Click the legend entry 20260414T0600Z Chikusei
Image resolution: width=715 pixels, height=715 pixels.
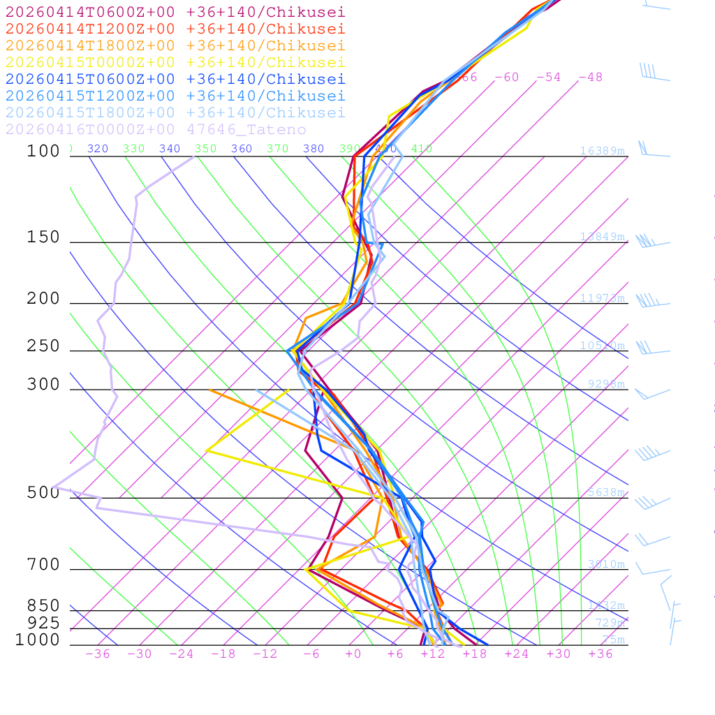(175, 13)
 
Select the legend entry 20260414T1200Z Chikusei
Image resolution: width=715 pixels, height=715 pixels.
(175, 29)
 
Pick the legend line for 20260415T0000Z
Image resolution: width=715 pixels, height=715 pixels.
(175, 63)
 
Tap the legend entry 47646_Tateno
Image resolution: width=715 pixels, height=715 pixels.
(156, 130)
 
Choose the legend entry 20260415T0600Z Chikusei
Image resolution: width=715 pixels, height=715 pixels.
(175, 80)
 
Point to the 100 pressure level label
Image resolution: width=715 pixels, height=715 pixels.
(43, 152)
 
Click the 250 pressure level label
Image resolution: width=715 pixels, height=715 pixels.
(43, 347)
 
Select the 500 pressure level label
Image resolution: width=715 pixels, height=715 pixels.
(43, 494)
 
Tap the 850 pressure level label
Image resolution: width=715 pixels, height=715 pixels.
(43, 606)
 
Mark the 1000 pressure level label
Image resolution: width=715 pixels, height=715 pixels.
(38, 640)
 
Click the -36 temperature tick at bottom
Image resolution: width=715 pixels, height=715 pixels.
(98, 654)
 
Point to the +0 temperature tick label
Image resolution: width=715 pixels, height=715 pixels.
(353, 654)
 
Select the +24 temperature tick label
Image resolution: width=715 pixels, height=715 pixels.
(517, 654)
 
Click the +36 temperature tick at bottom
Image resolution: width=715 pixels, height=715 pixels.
(600, 654)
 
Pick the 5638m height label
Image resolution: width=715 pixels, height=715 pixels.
(606, 492)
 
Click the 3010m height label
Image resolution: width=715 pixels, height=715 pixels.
(606, 564)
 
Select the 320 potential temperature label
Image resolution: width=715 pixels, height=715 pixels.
(98, 149)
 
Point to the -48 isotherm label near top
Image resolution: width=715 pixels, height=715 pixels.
(591, 78)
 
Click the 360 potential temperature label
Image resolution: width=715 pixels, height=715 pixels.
(242, 149)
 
